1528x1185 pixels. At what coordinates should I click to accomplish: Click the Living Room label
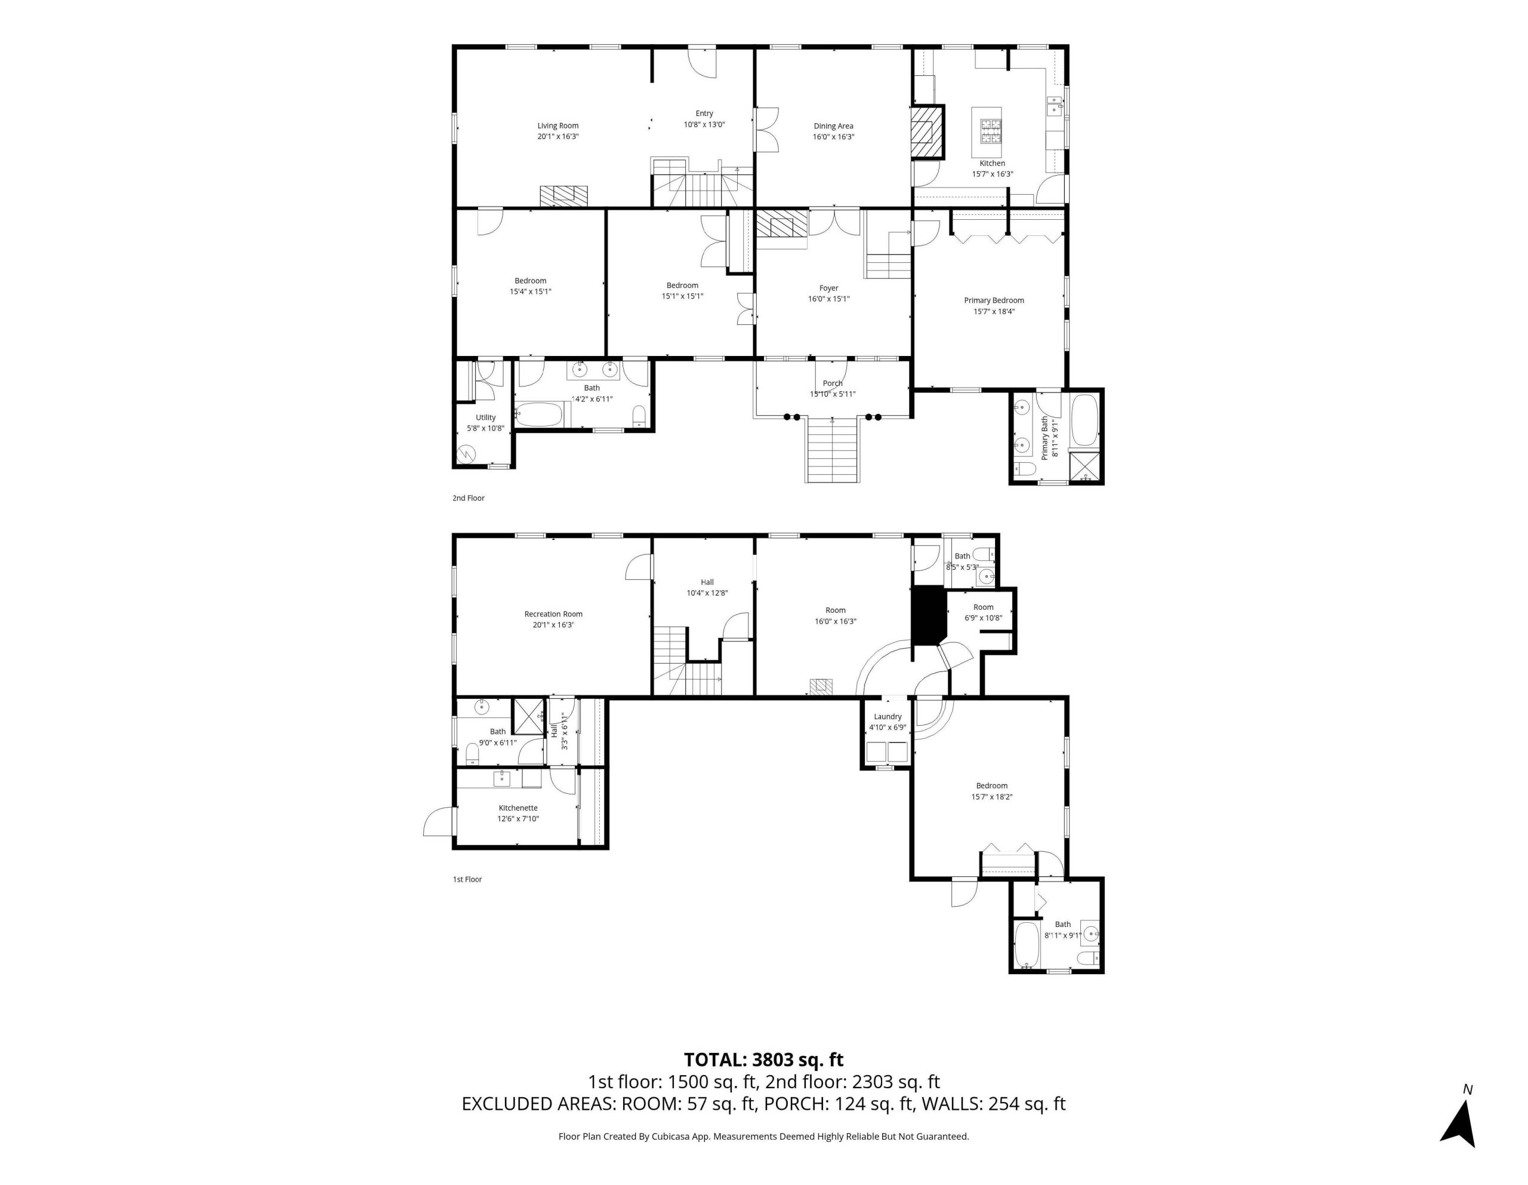(x=557, y=126)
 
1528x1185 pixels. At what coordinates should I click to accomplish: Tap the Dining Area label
(x=833, y=126)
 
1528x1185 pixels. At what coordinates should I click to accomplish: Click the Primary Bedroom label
(x=993, y=300)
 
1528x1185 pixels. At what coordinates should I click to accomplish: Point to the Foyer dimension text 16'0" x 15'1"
(x=828, y=299)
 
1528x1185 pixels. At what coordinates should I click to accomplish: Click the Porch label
(x=833, y=383)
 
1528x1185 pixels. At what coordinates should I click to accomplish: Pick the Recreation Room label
(x=553, y=615)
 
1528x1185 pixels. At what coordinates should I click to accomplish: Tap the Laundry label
(x=887, y=717)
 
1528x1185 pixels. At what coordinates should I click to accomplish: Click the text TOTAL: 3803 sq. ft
(x=763, y=1060)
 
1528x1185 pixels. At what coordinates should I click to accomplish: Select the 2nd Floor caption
(x=468, y=498)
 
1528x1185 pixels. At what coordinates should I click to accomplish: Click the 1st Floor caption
(x=467, y=879)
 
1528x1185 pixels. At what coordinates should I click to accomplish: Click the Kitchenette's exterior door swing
(x=439, y=822)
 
